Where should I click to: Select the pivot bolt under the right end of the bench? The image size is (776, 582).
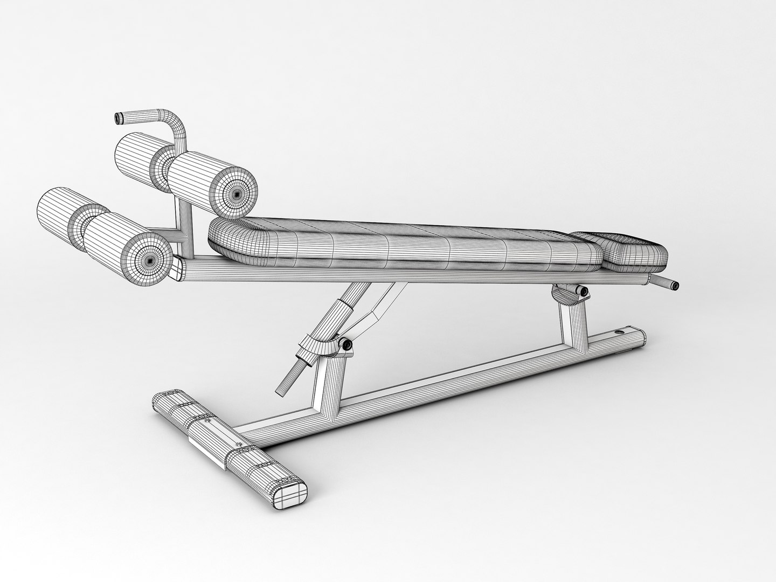pyautogui.click(x=582, y=291)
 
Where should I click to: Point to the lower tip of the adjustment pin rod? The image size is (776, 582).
pyautogui.click(x=282, y=390)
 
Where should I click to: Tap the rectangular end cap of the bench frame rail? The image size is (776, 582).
pyautogui.click(x=176, y=269)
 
